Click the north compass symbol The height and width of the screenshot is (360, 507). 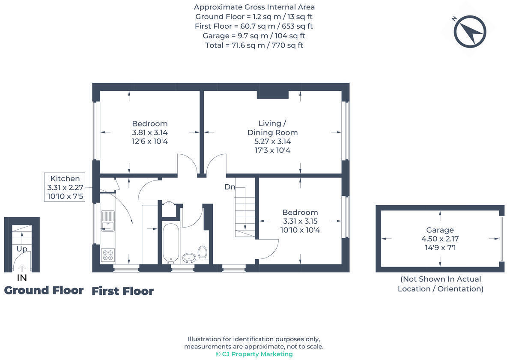pyautogui.click(x=469, y=31)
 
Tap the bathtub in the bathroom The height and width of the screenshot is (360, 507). pyautogui.click(x=170, y=243)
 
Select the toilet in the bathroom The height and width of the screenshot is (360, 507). pyautogui.click(x=203, y=252)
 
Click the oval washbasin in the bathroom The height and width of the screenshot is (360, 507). pyautogui.click(x=189, y=258)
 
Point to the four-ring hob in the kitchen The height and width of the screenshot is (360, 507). pyautogui.click(x=108, y=255)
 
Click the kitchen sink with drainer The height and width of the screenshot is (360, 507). pyautogui.click(x=108, y=221)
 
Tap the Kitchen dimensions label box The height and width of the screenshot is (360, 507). pyautogui.click(x=65, y=188)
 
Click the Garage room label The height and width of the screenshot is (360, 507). pyautogui.click(x=440, y=230)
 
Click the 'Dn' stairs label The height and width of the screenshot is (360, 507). pyautogui.click(x=230, y=187)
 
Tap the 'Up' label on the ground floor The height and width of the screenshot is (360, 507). pyautogui.click(x=22, y=249)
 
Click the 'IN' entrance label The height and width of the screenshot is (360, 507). pyautogui.click(x=22, y=278)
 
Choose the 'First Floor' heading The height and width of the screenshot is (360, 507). pyautogui.click(x=122, y=291)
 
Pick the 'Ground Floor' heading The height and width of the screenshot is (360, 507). pyautogui.click(x=44, y=291)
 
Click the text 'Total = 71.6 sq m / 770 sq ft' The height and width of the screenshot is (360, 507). pyautogui.click(x=254, y=45)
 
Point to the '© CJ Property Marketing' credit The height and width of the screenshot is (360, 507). pyautogui.click(x=254, y=354)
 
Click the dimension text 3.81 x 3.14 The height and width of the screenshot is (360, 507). pyautogui.click(x=149, y=132)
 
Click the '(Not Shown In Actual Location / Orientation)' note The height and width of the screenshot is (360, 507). pyautogui.click(x=440, y=284)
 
